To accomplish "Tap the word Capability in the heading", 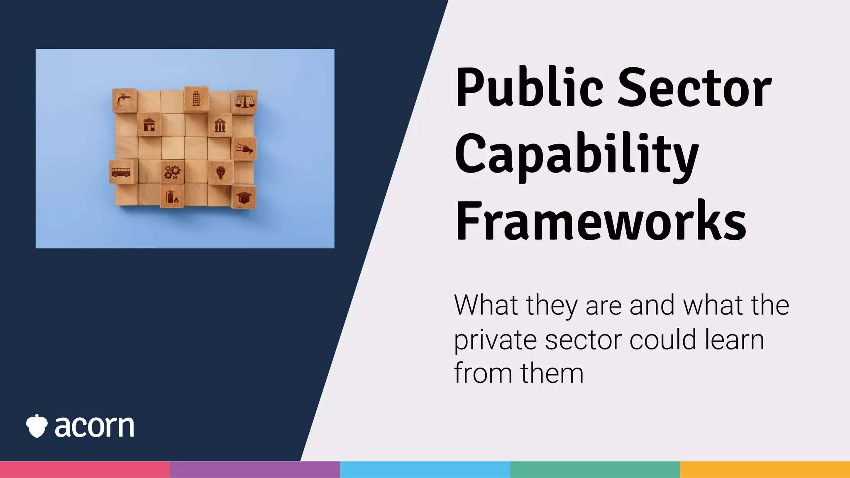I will point(577,156).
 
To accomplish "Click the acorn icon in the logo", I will point(37,426).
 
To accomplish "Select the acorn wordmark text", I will point(95,427).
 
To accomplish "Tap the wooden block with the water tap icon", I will point(124,100).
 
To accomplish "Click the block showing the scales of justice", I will point(245,101).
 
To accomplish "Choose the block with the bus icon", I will point(121,172).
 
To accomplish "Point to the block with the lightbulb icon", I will point(220,172).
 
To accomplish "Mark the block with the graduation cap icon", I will point(244,197).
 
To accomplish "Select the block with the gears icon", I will point(172,172).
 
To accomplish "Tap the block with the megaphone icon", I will point(244,149).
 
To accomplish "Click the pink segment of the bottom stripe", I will point(85,470).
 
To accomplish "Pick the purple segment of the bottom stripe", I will point(255,470).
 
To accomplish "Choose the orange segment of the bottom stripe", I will point(765,470).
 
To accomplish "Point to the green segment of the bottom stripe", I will point(595,470).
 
